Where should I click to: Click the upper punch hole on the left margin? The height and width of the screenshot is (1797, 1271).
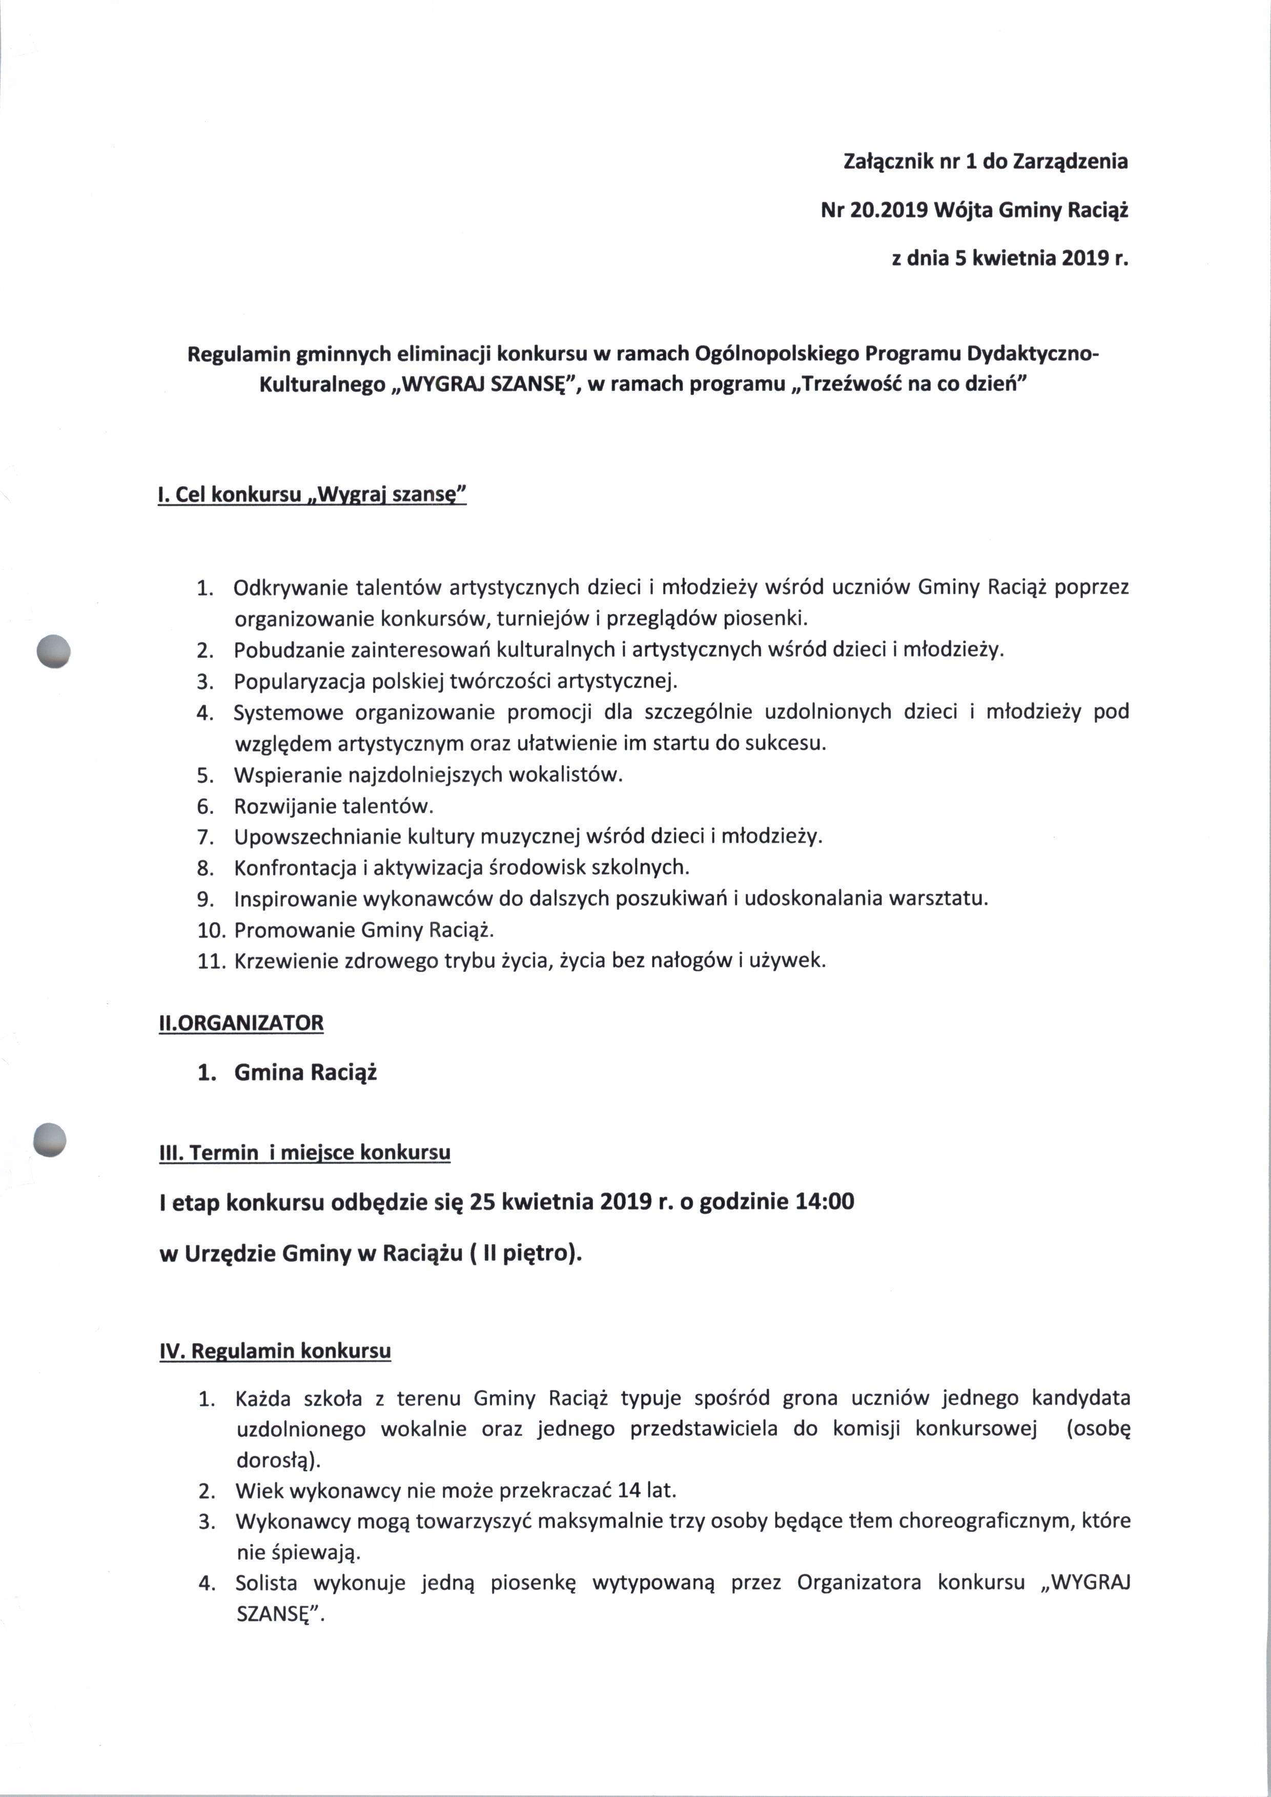tap(53, 650)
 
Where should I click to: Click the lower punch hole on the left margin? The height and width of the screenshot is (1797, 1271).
tap(49, 1140)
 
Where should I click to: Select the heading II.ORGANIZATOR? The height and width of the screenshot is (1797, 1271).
tap(241, 1023)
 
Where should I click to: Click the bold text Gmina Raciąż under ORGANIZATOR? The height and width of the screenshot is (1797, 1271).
tap(305, 1072)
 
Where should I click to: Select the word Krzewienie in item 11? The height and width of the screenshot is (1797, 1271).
tap(284, 961)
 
